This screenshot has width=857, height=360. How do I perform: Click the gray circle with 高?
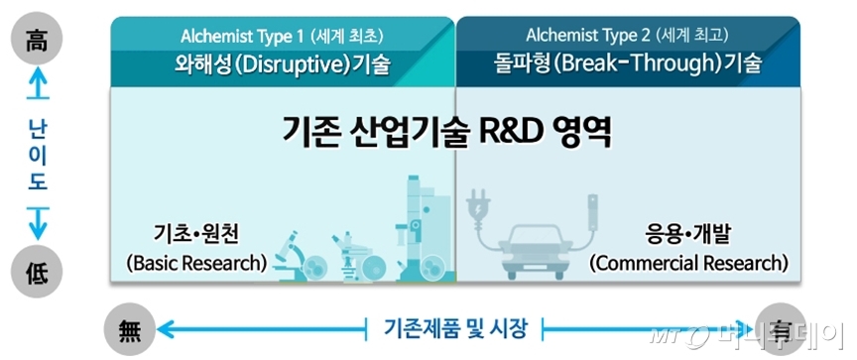pyautogui.click(x=38, y=39)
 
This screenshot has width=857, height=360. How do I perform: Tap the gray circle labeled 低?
pyautogui.click(x=38, y=272)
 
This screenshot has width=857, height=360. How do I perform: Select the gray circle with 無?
pyautogui.click(x=130, y=330)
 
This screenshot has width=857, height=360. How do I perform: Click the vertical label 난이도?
pyautogui.click(x=38, y=154)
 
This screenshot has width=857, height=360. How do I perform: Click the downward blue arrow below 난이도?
pyautogui.click(x=38, y=223)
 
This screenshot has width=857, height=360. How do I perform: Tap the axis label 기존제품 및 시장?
pyautogui.click(x=454, y=329)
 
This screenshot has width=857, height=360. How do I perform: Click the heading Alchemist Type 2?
pyautogui.click(x=588, y=36)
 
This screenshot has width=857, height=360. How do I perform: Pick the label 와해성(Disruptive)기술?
pyautogui.click(x=282, y=64)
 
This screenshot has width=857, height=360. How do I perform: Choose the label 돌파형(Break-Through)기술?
pyautogui.click(x=625, y=64)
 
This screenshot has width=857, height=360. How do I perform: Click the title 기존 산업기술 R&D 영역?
pyautogui.click(x=446, y=132)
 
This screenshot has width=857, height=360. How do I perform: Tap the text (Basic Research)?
pyautogui.click(x=196, y=264)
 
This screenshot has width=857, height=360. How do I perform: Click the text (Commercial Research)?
pyautogui.click(x=688, y=264)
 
